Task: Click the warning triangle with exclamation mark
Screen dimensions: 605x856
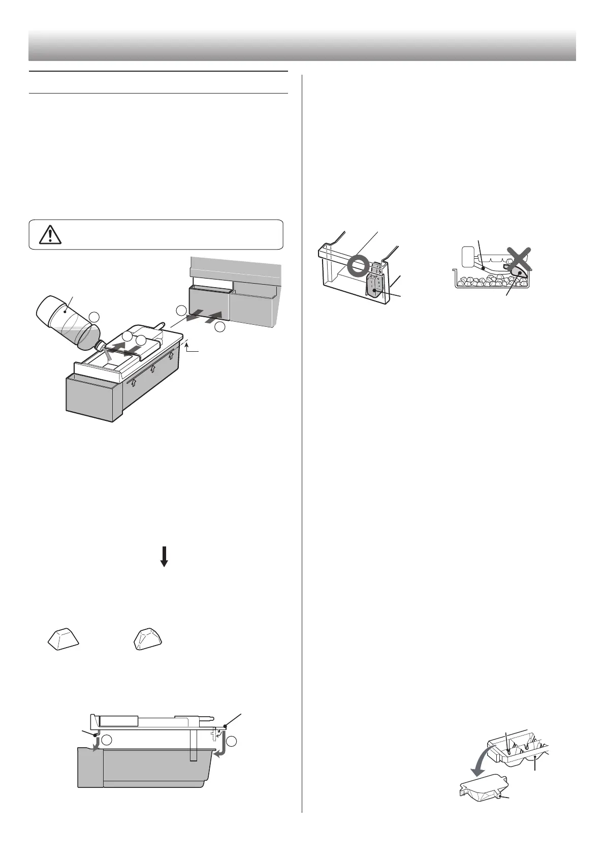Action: [50, 234]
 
